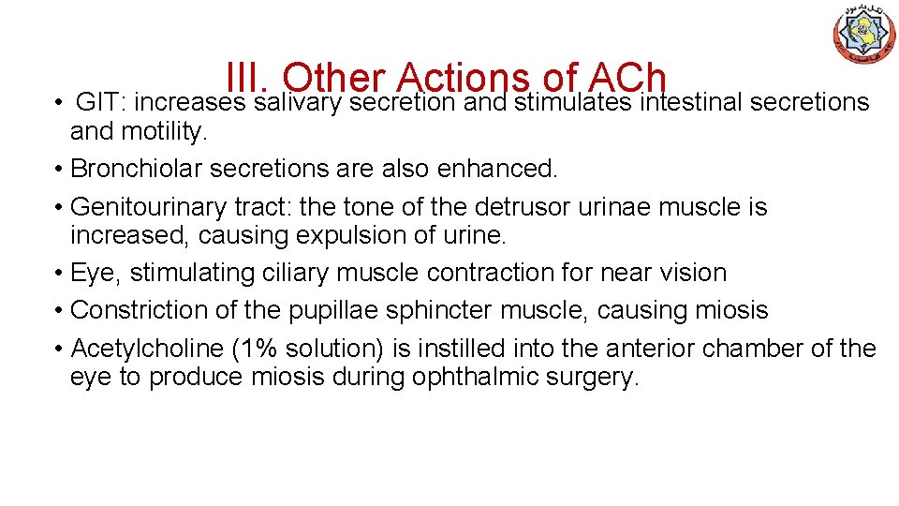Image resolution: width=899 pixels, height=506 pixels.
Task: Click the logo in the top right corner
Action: coord(864,34)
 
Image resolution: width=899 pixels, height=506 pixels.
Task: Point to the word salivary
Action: coord(298,103)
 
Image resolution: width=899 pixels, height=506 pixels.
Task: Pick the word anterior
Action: coord(651,349)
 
